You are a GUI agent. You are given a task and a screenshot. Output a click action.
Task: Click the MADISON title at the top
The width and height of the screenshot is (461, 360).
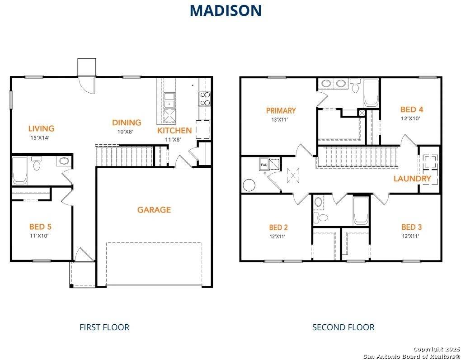[226, 10]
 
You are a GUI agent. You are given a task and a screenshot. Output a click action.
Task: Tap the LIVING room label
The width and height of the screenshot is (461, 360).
[41, 128]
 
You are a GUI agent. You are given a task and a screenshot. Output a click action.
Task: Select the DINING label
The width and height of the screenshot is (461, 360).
[127, 123]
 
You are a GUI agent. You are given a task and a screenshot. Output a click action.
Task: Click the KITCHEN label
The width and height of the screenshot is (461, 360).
[174, 130]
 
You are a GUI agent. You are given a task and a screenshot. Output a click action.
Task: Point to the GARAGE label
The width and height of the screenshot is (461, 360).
[154, 210]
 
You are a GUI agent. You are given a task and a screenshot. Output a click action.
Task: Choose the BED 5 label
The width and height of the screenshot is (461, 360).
[43, 227]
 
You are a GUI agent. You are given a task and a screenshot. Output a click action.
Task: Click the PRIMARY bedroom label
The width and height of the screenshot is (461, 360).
[281, 110]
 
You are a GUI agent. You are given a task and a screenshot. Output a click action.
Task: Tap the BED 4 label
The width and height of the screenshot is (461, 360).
[411, 109]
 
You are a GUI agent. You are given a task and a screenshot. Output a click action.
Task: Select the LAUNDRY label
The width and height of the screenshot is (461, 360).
[412, 179]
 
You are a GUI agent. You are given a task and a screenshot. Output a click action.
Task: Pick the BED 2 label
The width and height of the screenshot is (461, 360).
[278, 227]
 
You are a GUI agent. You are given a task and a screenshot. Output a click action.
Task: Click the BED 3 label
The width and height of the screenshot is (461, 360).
[411, 227]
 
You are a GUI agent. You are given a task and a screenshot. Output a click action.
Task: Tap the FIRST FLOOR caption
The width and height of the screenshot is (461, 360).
[104, 327]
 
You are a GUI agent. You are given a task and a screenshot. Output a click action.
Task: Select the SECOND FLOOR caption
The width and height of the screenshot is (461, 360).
[343, 327]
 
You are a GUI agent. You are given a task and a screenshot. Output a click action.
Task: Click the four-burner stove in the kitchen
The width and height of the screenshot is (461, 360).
[205, 99]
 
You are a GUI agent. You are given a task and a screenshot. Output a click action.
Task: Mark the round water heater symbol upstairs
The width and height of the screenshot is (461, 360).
[249, 185]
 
